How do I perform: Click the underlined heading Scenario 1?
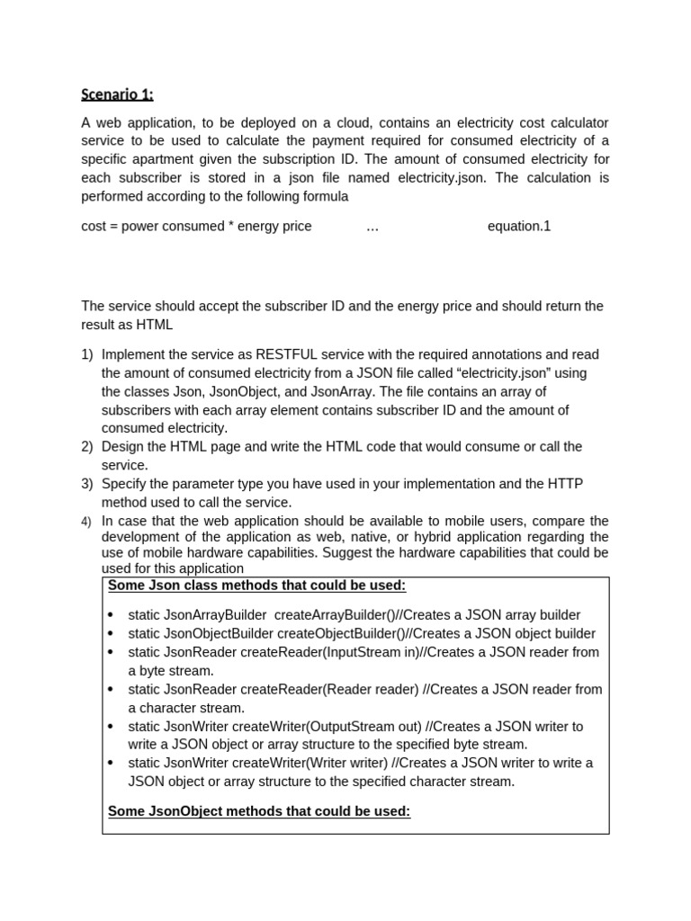pyautogui.click(x=117, y=94)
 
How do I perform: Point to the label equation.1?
pyautogui.click(x=518, y=226)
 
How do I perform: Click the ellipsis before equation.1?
pyautogui.click(x=372, y=227)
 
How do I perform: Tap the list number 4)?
pyautogui.click(x=87, y=522)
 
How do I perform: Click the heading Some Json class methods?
pyautogui.click(x=256, y=586)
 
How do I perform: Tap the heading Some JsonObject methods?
pyautogui.click(x=259, y=811)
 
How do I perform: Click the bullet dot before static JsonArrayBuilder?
pyautogui.click(x=111, y=615)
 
